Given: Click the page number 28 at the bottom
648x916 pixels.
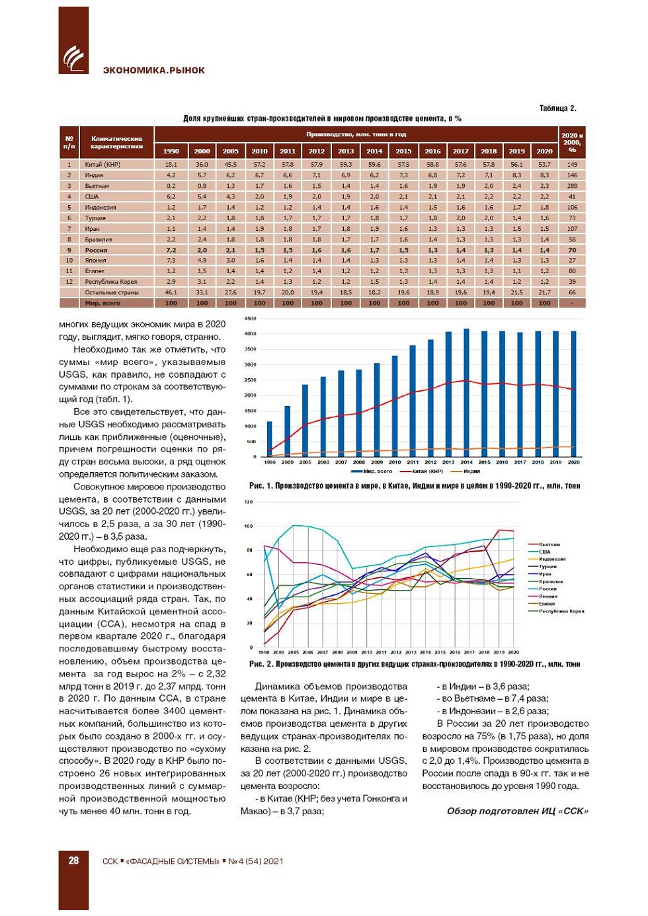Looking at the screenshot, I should coord(73,860).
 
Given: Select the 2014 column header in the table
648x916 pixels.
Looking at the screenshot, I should coord(374,151).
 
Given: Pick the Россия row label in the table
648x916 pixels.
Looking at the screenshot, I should coord(96,250).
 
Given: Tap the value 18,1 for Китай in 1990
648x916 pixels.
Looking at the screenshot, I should coord(171,165).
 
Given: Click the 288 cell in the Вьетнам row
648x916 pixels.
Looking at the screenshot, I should coord(572,186).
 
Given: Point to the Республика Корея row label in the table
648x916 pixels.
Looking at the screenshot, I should coord(110,282).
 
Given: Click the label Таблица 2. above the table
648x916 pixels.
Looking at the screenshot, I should coord(557,108).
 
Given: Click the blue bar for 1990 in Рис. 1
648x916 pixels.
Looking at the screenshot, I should coord(269,438).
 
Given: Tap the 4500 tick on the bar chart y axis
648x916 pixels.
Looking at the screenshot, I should coord(250,319).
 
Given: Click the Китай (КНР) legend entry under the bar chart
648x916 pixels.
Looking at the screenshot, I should coord(427,472).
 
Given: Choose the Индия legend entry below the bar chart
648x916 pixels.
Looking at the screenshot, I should coord(471,472).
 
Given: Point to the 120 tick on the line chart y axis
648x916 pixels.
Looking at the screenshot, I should coord(249,502).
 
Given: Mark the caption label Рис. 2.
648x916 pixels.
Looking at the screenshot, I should coord(260,664).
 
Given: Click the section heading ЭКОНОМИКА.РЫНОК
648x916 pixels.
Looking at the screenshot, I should coord(153,70).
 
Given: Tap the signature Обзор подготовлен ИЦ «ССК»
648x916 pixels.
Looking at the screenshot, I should coord(517,811).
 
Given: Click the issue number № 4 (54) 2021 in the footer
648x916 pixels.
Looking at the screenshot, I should coord(256,861).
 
